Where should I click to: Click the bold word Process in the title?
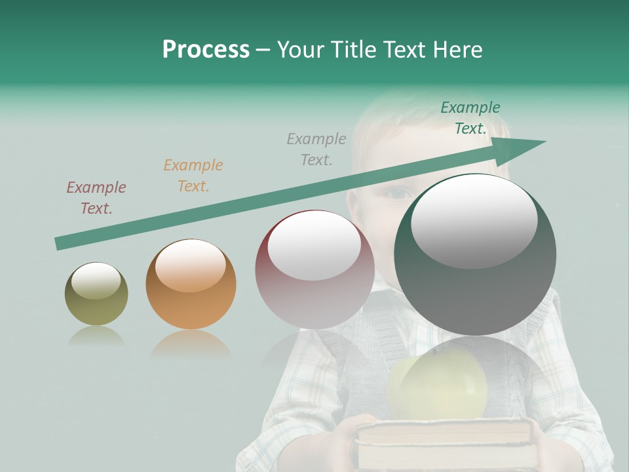pos(206,50)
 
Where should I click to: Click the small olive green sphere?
pos(96,294)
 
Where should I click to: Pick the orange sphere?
pos(191,285)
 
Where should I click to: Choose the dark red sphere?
pos(314,269)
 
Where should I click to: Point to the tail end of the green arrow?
pos(60,243)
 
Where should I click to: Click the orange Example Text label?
pos(193,176)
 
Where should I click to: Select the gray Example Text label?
pos(316,149)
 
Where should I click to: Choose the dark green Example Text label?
pos(470,118)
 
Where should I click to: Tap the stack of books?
pos(446,442)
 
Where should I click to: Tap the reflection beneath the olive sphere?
pos(96,336)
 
